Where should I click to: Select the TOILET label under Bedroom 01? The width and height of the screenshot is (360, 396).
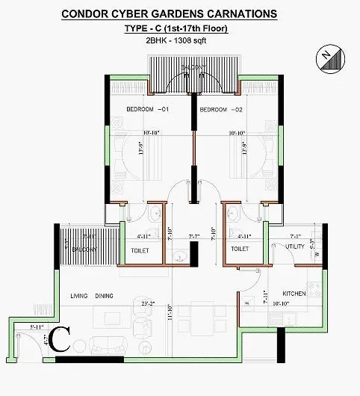coord(140,250)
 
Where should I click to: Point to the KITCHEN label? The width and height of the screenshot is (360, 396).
coord(294,294)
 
